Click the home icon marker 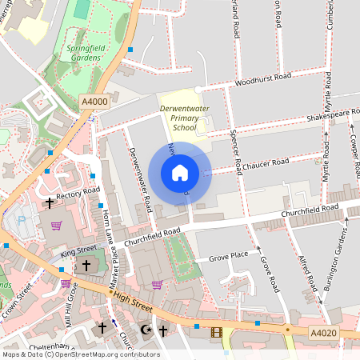tap(180, 173)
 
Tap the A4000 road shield tap(94, 102)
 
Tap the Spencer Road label tap(235, 150)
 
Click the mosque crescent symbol tap(145, 329)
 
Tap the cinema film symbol tap(214, 331)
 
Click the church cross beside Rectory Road tap(50, 202)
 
